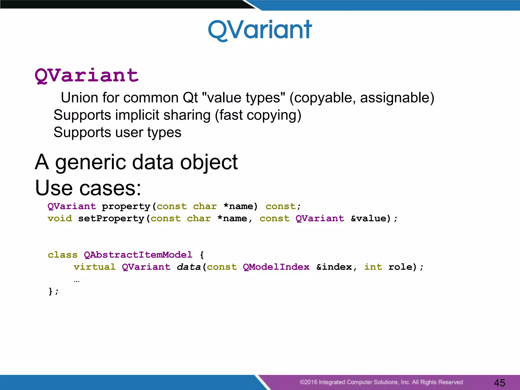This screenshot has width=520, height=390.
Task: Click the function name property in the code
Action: click(126, 206)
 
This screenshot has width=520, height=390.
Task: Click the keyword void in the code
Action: click(60, 218)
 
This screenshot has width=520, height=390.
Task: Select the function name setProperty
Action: click(111, 218)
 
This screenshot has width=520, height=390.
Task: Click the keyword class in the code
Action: click(62, 255)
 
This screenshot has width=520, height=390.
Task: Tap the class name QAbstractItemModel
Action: click(138, 255)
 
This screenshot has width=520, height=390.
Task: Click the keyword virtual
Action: click(94, 267)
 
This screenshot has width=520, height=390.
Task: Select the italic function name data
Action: click(188, 267)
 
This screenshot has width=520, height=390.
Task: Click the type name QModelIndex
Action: click(276, 267)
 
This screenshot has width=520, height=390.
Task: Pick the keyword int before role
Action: click(373, 267)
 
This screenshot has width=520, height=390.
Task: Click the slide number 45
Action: click(499, 383)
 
